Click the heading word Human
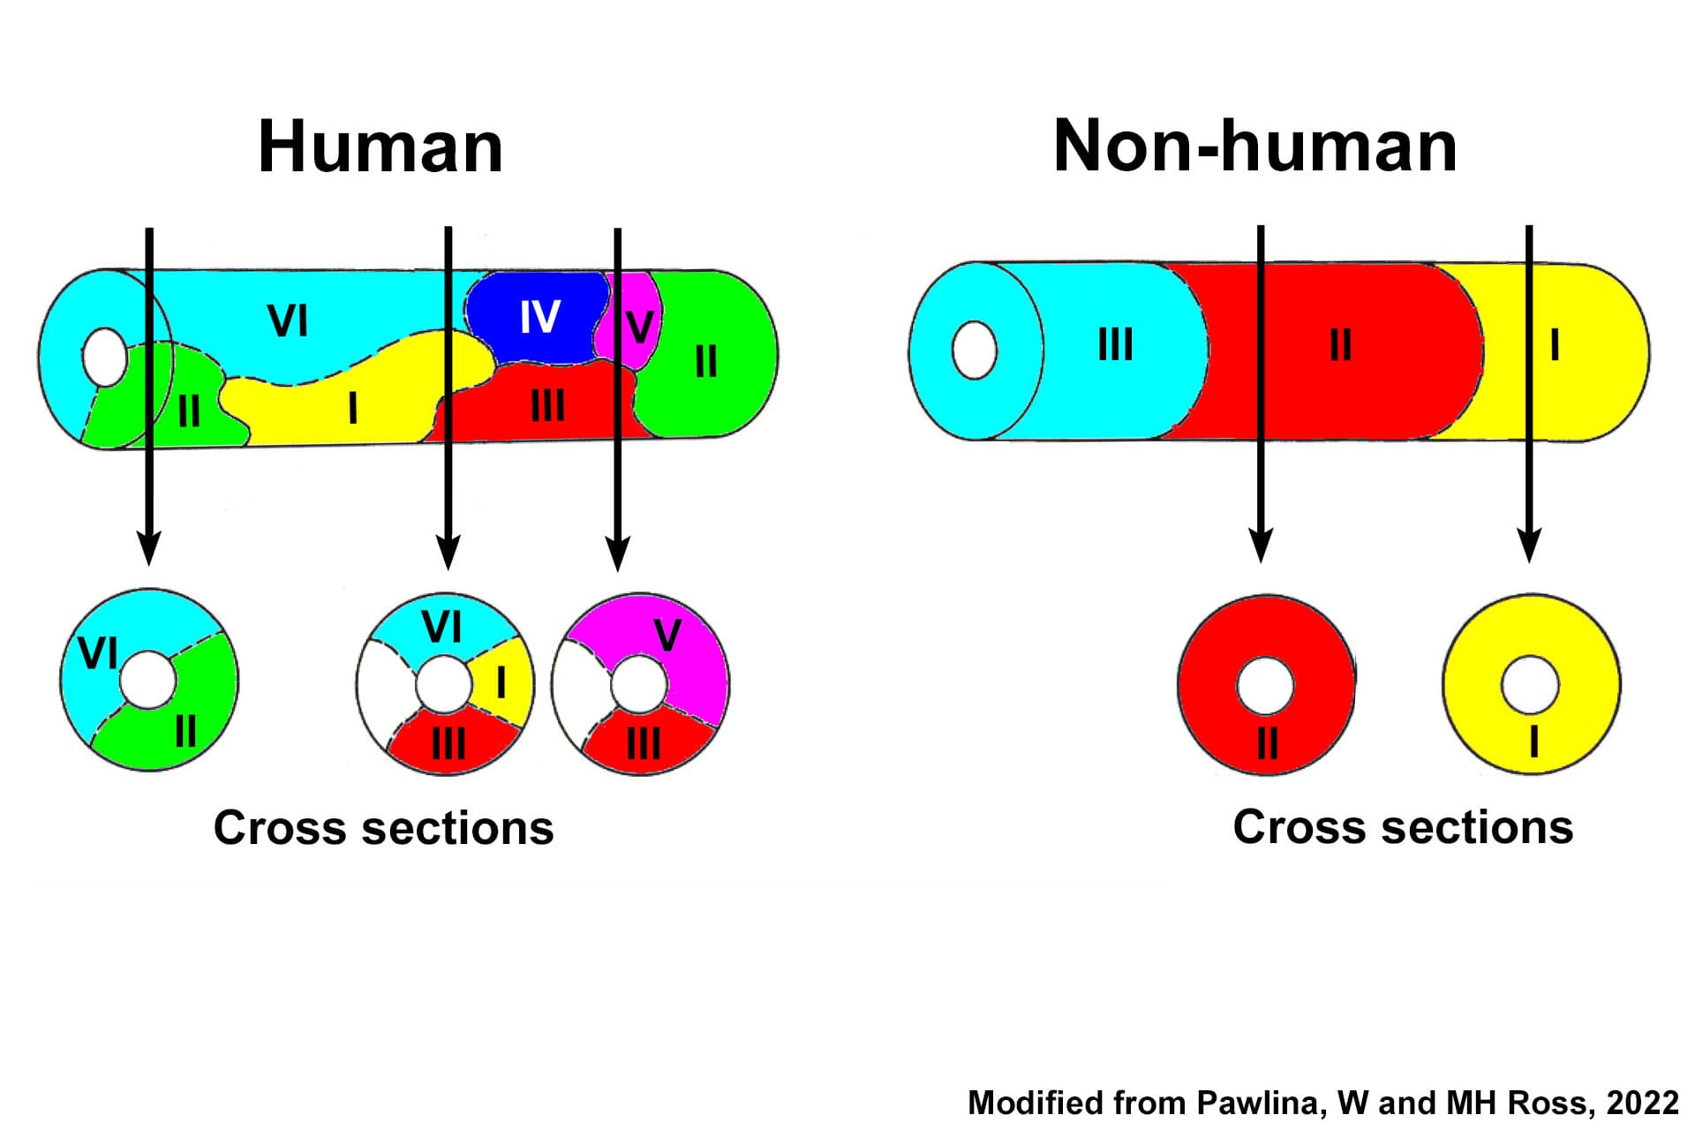tap(380, 147)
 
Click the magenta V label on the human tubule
tap(639, 327)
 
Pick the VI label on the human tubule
tap(288, 320)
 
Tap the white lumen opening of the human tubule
tap(105, 357)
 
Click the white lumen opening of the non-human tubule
tap(975, 350)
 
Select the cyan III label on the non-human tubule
tap(1115, 344)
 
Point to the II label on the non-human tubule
tap(1340, 344)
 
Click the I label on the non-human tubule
tap(1555, 344)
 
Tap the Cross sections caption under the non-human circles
tap(1403, 827)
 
